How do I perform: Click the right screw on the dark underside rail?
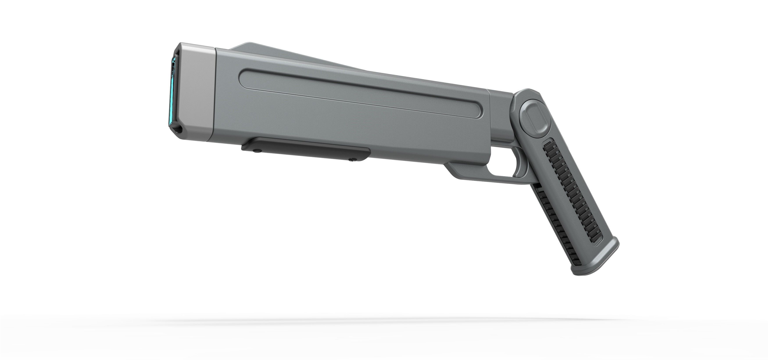point(353,159)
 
